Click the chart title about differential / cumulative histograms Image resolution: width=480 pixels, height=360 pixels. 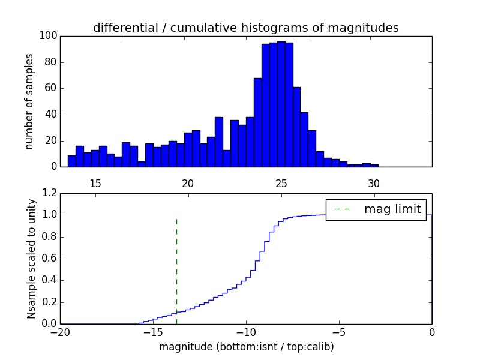(245, 28)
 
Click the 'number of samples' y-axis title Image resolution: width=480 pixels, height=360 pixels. (29, 101)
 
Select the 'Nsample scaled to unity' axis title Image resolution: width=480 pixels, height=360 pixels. (31, 259)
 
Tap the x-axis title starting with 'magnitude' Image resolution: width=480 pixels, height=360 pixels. (246, 347)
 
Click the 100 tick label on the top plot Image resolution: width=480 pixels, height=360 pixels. (49, 36)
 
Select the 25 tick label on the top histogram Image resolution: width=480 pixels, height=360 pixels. (281, 184)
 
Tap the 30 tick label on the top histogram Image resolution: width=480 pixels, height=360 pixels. (374, 184)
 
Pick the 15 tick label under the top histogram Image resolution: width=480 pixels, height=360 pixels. (95, 184)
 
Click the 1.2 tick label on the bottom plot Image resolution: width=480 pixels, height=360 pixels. (49, 193)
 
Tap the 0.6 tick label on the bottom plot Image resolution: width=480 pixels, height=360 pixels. (49, 259)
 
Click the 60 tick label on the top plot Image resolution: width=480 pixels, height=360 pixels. (50, 88)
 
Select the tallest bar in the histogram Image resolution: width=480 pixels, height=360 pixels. (281, 104)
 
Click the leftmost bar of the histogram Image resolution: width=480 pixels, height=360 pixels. (71, 161)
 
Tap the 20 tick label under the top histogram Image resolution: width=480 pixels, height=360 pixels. (188, 184)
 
